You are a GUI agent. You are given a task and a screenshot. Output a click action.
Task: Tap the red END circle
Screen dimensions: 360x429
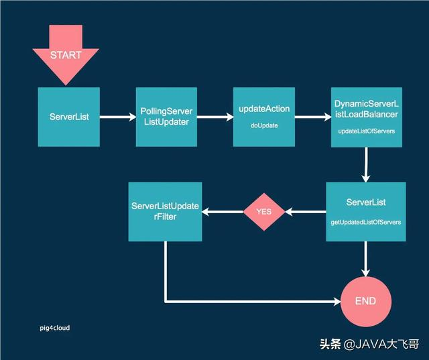click(x=365, y=300)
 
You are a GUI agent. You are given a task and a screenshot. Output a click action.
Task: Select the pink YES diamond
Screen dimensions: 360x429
click(x=263, y=211)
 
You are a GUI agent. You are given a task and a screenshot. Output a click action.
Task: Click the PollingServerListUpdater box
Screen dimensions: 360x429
click(x=166, y=117)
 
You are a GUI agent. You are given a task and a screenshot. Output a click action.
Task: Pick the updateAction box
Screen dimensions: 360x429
click(x=263, y=117)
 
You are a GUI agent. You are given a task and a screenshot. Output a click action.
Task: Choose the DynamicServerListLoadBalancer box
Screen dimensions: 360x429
click(x=365, y=117)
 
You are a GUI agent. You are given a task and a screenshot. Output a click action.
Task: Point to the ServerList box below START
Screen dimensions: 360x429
click(x=69, y=117)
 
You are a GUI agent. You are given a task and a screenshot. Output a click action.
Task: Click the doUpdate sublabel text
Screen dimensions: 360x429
click(x=263, y=125)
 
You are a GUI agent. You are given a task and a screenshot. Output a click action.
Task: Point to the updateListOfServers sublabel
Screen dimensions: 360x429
click(x=365, y=131)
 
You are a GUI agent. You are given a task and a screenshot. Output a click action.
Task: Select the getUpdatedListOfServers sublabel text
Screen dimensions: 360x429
click(x=365, y=221)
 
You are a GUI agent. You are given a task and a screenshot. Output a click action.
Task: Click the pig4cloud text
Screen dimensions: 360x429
click(x=54, y=328)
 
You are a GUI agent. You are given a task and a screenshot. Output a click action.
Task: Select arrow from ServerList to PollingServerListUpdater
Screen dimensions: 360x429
click(x=117, y=117)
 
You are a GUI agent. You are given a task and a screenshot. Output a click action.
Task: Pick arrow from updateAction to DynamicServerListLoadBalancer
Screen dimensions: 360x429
click(x=313, y=117)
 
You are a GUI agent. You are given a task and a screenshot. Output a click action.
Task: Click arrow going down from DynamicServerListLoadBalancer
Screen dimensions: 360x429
click(x=366, y=164)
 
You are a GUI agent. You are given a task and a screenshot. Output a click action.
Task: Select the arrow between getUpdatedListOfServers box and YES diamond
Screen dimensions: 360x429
click(x=306, y=212)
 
